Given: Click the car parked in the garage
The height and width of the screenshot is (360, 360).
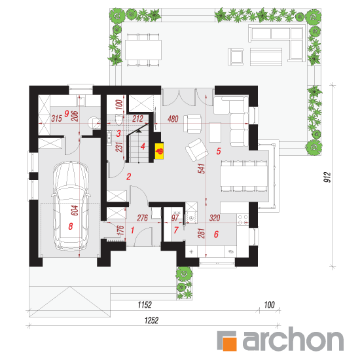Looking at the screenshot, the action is pyautogui.click(x=71, y=206).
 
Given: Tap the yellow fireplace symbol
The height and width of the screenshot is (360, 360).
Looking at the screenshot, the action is pyautogui.click(x=159, y=151).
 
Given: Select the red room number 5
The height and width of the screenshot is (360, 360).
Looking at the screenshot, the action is pyautogui.click(x=219, y=151).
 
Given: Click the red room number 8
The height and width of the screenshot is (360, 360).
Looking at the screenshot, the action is pyautogui.click(x=71, y=226).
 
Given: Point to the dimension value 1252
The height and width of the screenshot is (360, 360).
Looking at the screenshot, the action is pyautogui.click(x=151, y=320).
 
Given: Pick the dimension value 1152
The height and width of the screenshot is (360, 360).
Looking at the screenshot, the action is pyautogui.click(x=145, y=305).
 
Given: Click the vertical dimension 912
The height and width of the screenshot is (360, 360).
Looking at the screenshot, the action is pyautogui.click(x=327, y=177).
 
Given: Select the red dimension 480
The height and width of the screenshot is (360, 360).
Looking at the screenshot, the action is pyautogui.click(x=173, y=118).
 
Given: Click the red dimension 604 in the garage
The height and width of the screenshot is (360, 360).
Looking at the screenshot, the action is pyautogui.click(x=75, y=210).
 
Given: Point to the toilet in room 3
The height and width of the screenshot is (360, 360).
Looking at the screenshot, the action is pyautogui.click(x=118, y=120).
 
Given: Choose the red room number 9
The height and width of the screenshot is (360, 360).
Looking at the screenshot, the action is pyautogui.click(x=67, y=113).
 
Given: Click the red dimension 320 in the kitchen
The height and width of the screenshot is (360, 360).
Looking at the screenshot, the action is pyautogui.click(x=215, y=218).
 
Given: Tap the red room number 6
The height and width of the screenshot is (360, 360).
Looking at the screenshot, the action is pyautogui.click(x=216, y=234).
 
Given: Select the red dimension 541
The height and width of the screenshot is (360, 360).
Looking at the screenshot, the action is pyautogui.click(x=202, y=168).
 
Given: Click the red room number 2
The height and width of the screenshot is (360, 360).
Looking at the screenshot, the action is pyautogui.click(x=128, y=176).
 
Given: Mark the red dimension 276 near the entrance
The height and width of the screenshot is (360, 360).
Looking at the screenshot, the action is pyautogui.click(x=142, y=218).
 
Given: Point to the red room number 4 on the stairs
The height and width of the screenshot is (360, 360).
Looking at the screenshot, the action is pyautogui.click(x=143, y=146).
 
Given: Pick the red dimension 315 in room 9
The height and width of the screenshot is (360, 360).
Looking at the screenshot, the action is pyautogui.click(x=56, y=118).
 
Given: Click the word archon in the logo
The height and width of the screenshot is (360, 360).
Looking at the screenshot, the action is pyautogui.click(x=293, y=339).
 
